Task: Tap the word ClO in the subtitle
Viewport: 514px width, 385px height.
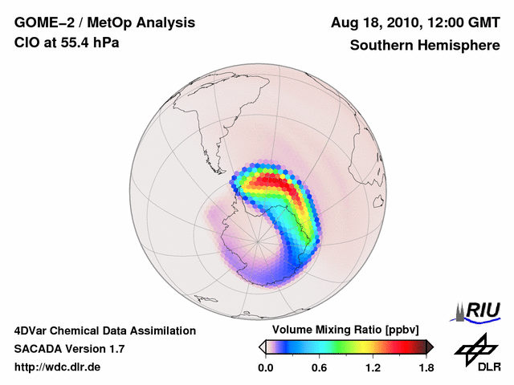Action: pyautogui.click(x=27, y=43)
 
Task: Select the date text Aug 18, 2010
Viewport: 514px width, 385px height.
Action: pyautogui.click(x=377, y=23)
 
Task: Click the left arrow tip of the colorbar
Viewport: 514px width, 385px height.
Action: pyautogui.click(x=261, y=346)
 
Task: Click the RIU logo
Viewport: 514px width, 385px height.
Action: pyautogui.click(x=479, y=310)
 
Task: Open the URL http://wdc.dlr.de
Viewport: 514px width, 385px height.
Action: pyautogui.click(x=58, y=367)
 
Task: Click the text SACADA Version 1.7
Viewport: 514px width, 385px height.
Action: pyautogui.click(x=69, y=349)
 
